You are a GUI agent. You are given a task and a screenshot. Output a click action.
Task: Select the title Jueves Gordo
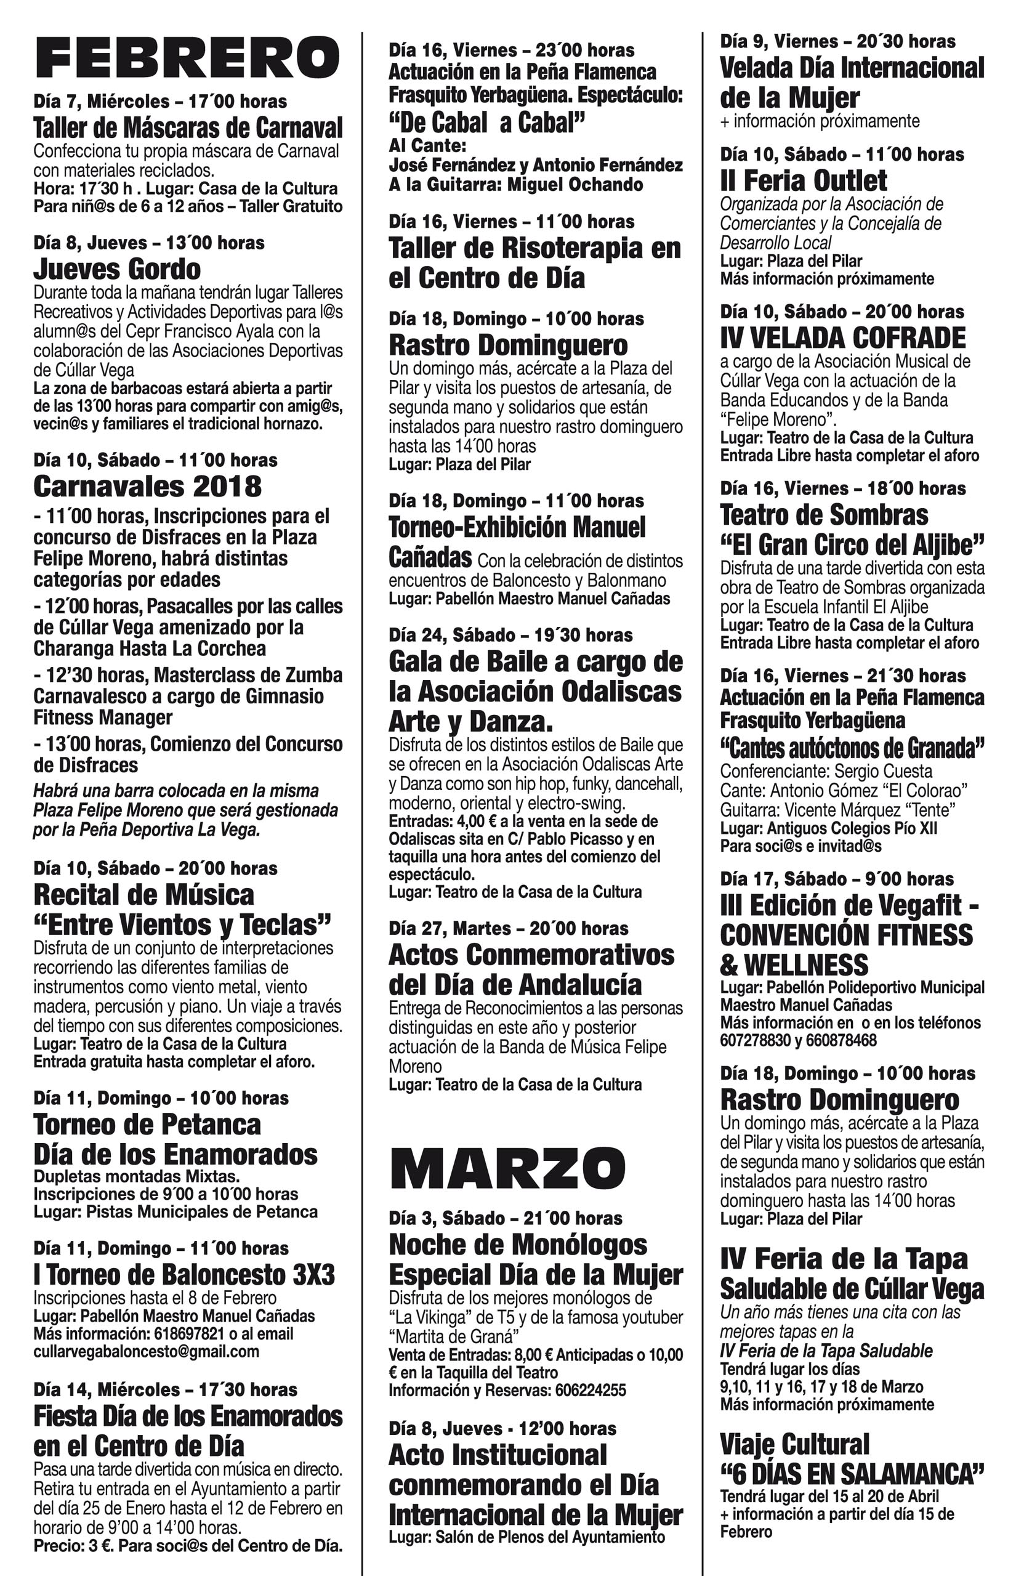pyautogui.click(x=117, y=269)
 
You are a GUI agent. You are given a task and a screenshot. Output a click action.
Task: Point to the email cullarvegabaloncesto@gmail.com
pyautogui.click(x=146, y=1351)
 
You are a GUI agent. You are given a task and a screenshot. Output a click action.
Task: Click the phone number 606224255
pyautogui.click(x=591, y=1390)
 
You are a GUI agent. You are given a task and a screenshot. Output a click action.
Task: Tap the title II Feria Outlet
pyautogui.click(x=804, y=180)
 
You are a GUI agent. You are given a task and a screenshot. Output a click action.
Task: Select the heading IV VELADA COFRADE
pyautogui.click(x=842, y=337)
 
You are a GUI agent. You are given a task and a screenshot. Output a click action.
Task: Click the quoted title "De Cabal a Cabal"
pyautogui.click(x=487, y=123)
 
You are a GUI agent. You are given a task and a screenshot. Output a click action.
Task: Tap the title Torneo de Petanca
pyautogui.click(x=147, y=1124)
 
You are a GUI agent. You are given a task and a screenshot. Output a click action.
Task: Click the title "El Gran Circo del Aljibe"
pyautogui.click(x=852, y=545)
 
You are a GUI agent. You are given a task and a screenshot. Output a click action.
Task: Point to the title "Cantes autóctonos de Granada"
pyautogui.click(x=852, y=748)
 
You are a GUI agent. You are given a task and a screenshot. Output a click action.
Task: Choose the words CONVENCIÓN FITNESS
pyautogui.click(x=846, y=935)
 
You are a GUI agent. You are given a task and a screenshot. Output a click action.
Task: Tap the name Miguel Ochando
pyautogui.click(x=575, y=184)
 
